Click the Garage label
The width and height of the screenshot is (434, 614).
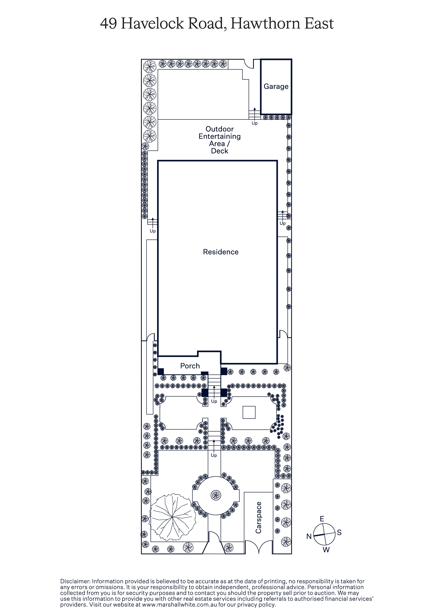[276, 87]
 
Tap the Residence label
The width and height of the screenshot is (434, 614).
[221, 252]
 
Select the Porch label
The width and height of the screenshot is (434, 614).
[190, 366]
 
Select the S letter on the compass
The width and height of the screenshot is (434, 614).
[339, 532]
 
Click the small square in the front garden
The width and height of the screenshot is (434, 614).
[249, 412]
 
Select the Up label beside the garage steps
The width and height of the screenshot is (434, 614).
[254, 123]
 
